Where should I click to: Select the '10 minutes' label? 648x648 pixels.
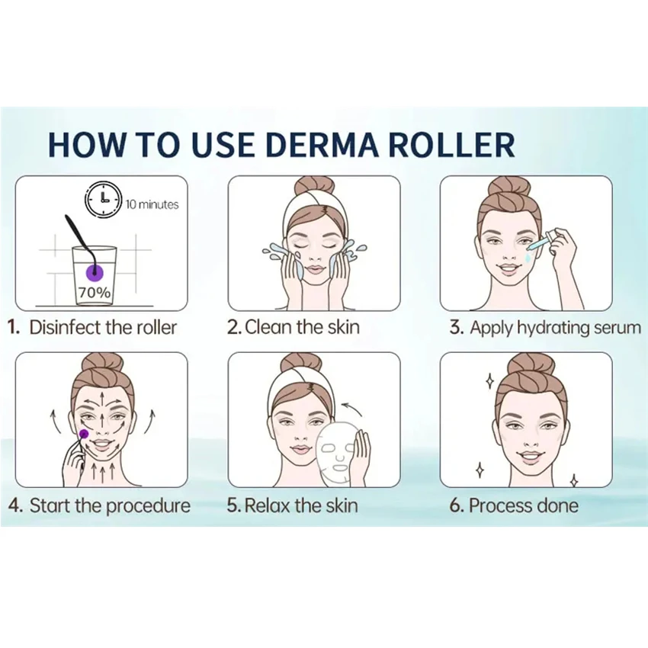pyautogui.click(x=152, y=204)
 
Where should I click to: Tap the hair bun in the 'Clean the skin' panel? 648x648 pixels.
pyautogui.click(x=313, y=187)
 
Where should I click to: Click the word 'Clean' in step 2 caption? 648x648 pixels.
pyautogui.click(x=269, y=328)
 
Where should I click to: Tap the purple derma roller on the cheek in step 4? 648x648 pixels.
pyautogui.click(x=82, y=434)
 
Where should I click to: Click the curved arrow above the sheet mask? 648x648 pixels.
pyautogui.click(x=352, y=409)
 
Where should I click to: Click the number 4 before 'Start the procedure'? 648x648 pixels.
pyautogui.click(x=14, y=505)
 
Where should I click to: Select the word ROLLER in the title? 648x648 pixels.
pyautogui.click(x=453, y=144)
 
